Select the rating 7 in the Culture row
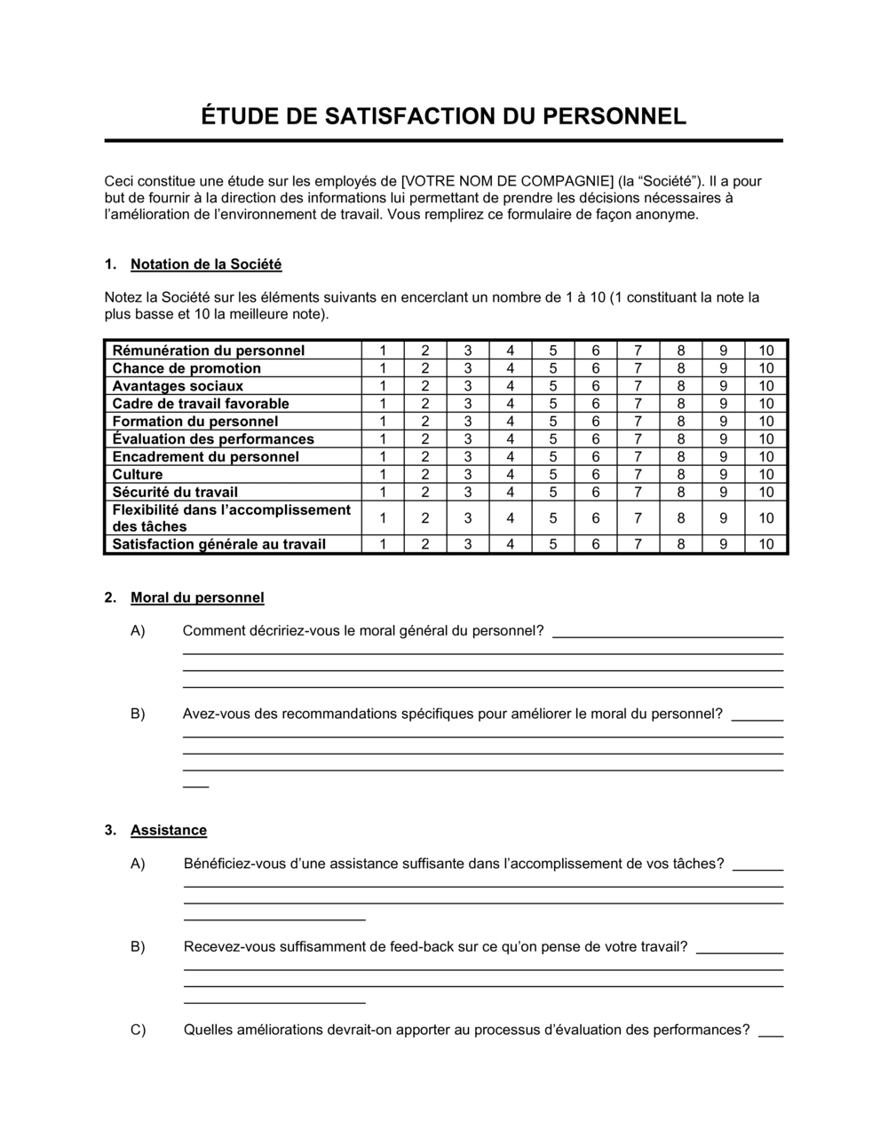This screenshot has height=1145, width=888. click(638, 474)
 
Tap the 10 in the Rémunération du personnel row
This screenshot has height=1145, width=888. click(765, 351)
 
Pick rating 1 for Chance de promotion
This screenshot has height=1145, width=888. click(383, 368)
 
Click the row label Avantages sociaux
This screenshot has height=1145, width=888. click(178, 386)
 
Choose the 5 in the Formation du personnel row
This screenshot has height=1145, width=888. click(552, 422)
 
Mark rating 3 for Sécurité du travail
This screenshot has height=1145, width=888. click(468, 492)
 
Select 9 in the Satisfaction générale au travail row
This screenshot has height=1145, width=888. click(723, 544)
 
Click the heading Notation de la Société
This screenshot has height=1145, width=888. click(206, 264)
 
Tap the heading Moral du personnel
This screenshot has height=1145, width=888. click(197, 597)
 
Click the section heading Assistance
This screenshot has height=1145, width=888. click(169, 830)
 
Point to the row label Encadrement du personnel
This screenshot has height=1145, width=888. click(205, 456)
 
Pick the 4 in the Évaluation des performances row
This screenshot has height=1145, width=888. click(510, 439)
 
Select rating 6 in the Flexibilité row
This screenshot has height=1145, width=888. click(595, 518)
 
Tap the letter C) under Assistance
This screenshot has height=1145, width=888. click(138, 1030)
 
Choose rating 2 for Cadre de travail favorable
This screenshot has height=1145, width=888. click(425, 404)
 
